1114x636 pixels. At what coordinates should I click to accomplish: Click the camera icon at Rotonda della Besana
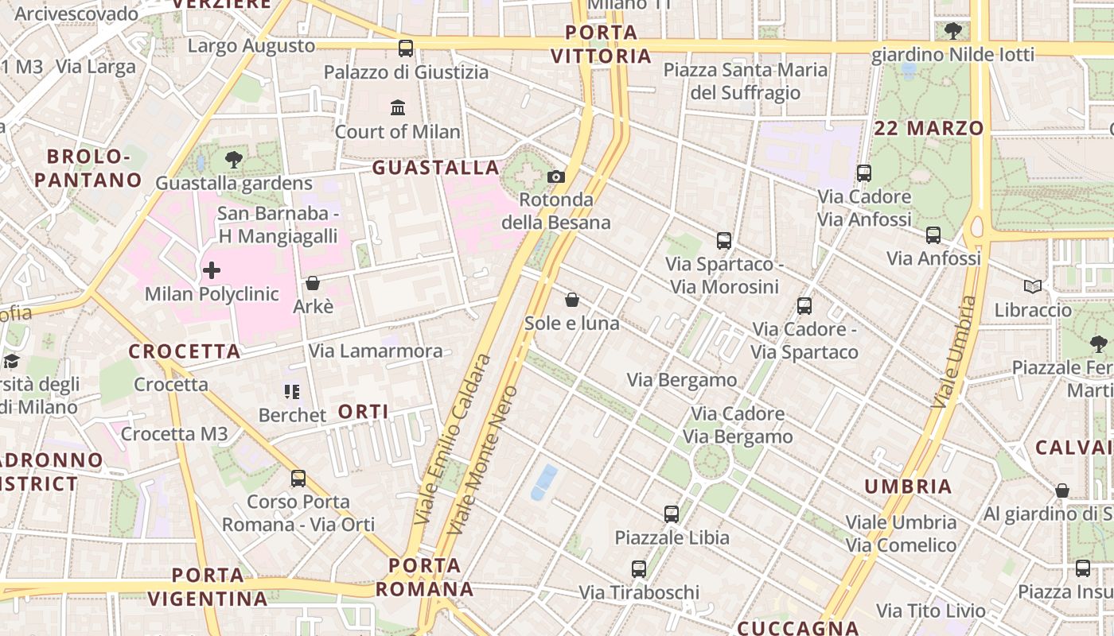pyautogui.click(x=556, y=176)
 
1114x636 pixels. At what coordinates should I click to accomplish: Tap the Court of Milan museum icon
pyautogui.click(x=398, y=107)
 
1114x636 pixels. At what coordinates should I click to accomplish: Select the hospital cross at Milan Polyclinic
pyautogui.click(x=212, y=270)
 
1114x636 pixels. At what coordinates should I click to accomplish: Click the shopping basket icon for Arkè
pyautogui.click(x=313, y=283)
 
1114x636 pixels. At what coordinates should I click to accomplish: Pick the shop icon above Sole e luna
pyautogui.click(x=571, y=300)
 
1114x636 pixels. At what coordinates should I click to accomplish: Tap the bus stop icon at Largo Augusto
pyautogui.click(x=406, y=48)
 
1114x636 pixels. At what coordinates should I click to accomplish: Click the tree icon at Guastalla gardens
pyautogui.click(x=233, y=160)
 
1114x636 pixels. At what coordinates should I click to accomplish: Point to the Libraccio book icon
pyautogui.click(x=1033, y=286)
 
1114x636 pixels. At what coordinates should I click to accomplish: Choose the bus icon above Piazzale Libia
pyautogui.click(x=672, y=514)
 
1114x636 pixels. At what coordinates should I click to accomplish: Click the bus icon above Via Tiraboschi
pyautogui.click(x=639, y=569)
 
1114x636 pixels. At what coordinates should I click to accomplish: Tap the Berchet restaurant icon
pyautogui.click(x=292, y=391)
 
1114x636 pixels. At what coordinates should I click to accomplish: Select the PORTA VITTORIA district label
pyautogui.click(x=602, y=45)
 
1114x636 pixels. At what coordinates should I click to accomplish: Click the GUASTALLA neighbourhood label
pyautogui.click(x=436, y=168)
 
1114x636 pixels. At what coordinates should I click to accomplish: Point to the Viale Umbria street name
pyautogui.click(x=954, y=352)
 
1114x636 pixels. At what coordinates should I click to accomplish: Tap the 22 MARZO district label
pyautogui.click(x=929, y=128)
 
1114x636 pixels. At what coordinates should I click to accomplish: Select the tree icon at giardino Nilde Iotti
pyautogui.click(x=952, y=32)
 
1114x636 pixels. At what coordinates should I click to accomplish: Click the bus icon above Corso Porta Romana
pyautogui.click(x=298, y=479)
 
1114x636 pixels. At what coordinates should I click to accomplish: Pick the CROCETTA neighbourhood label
pyautogui.click(x=185, y=351)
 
